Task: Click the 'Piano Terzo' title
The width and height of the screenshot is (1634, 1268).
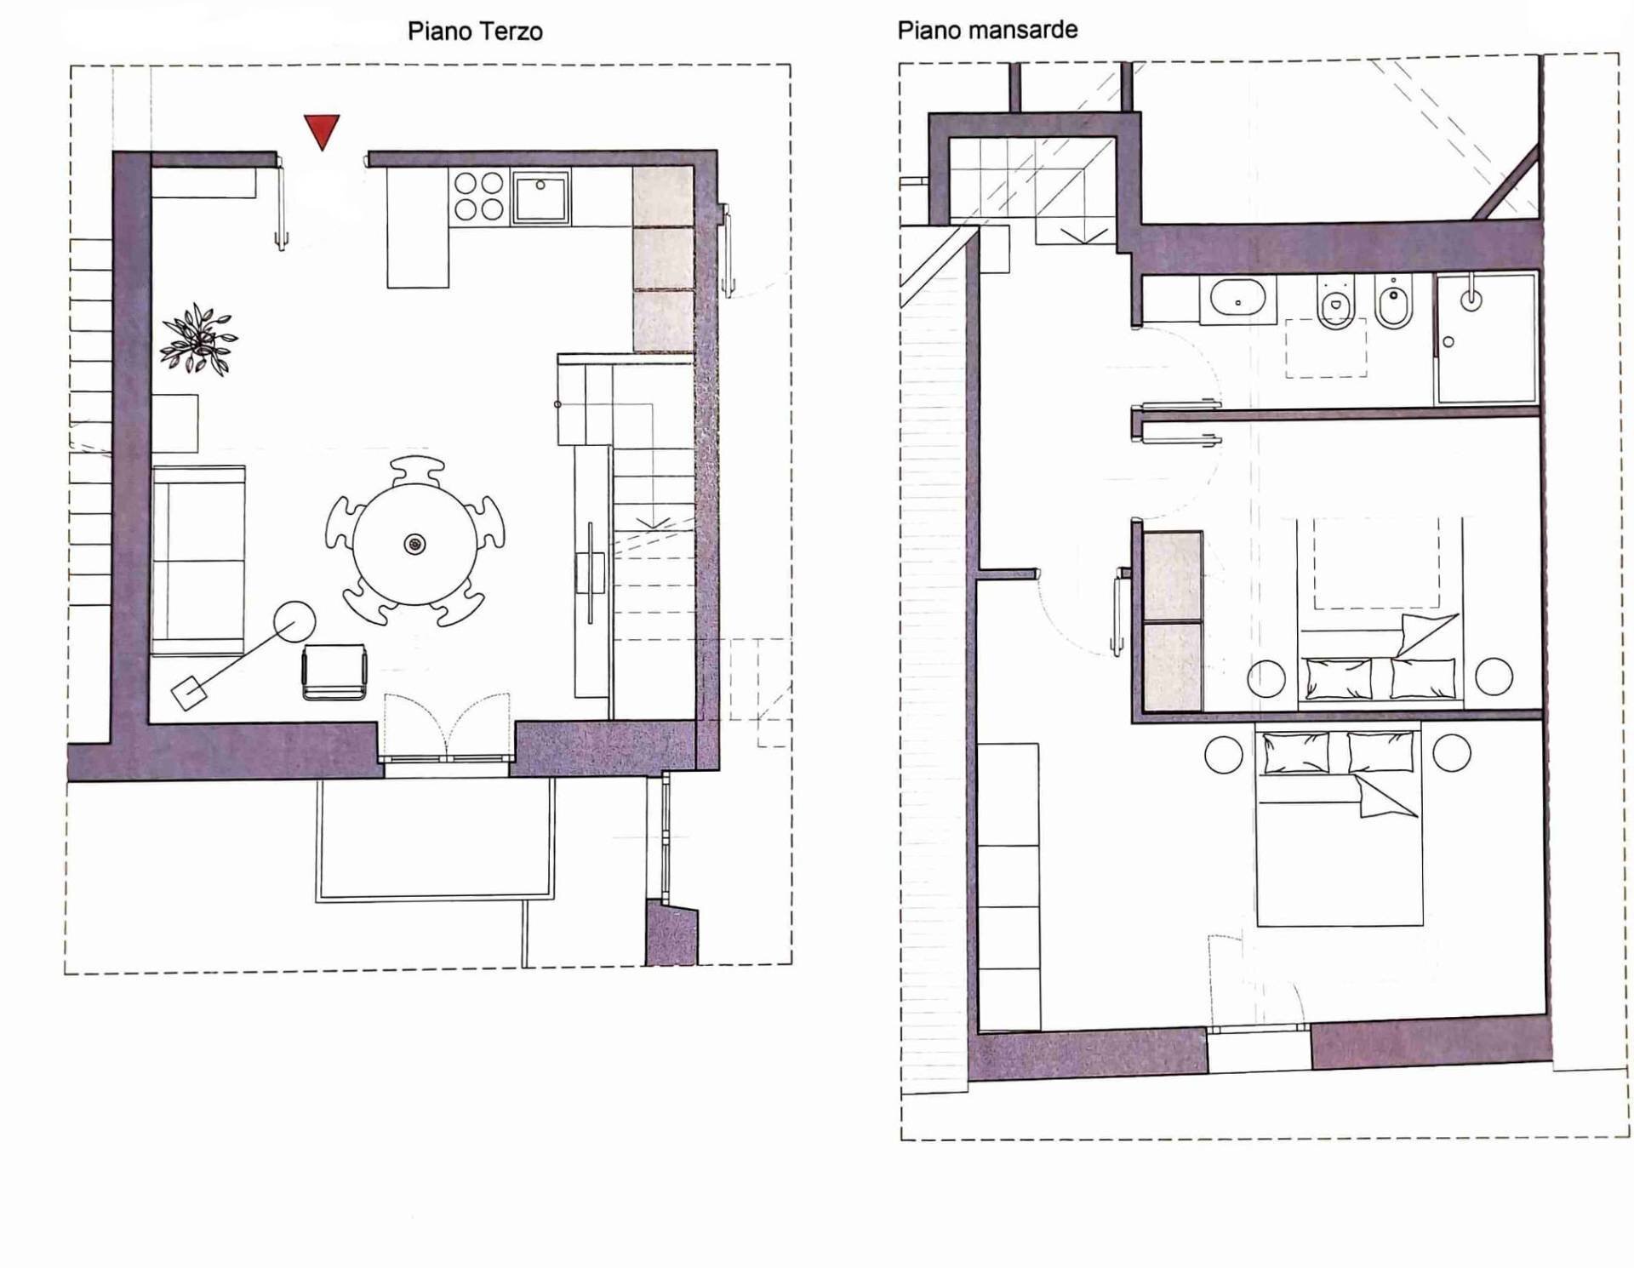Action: click(x=475, y=31)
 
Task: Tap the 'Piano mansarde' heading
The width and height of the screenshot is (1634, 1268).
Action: click(x=987, y=30)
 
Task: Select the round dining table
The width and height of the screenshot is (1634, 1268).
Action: click(x=414, y=544)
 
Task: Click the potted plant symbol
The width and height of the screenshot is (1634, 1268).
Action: click(x=198, y=339)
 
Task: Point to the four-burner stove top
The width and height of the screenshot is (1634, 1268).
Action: click(x=479, y=196)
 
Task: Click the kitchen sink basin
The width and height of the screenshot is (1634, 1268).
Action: click(x=540, y=197)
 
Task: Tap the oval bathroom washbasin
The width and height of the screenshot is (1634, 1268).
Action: click(x=1238, y=300)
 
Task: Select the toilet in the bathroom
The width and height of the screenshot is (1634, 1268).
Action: click(x=1334, y=301)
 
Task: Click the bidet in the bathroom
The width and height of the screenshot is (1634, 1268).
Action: click(x=1394, y=301)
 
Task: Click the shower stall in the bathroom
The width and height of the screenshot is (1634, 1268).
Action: click(x=1486, y=338)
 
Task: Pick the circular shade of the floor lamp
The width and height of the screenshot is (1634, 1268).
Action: click(x=294, y=622)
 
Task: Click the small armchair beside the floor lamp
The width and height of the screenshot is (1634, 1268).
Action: click(x=334, y=672)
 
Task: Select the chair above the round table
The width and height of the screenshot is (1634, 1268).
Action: click(x=418, y=471)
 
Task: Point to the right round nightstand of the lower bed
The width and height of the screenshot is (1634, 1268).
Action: click(x=1451, y=753)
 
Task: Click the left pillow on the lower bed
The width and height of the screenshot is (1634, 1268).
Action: click(x=1296, y=754)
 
